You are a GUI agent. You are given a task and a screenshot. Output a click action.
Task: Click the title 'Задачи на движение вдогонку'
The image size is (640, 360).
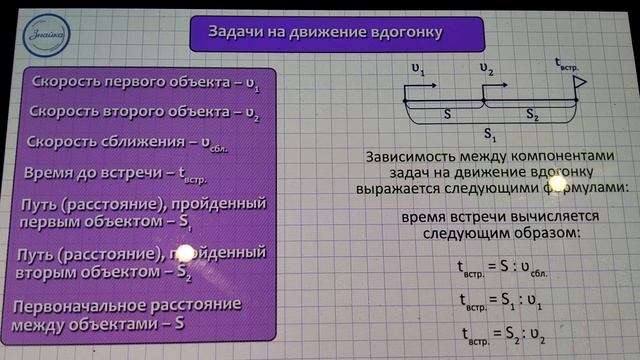pyautogui.click(x=338, y=34)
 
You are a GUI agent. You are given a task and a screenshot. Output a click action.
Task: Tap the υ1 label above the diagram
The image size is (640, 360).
pyautogui.click(x=417, y=71)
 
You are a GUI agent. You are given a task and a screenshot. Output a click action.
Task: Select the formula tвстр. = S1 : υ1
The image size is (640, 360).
pyautogui.click(x=507, y=300)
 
